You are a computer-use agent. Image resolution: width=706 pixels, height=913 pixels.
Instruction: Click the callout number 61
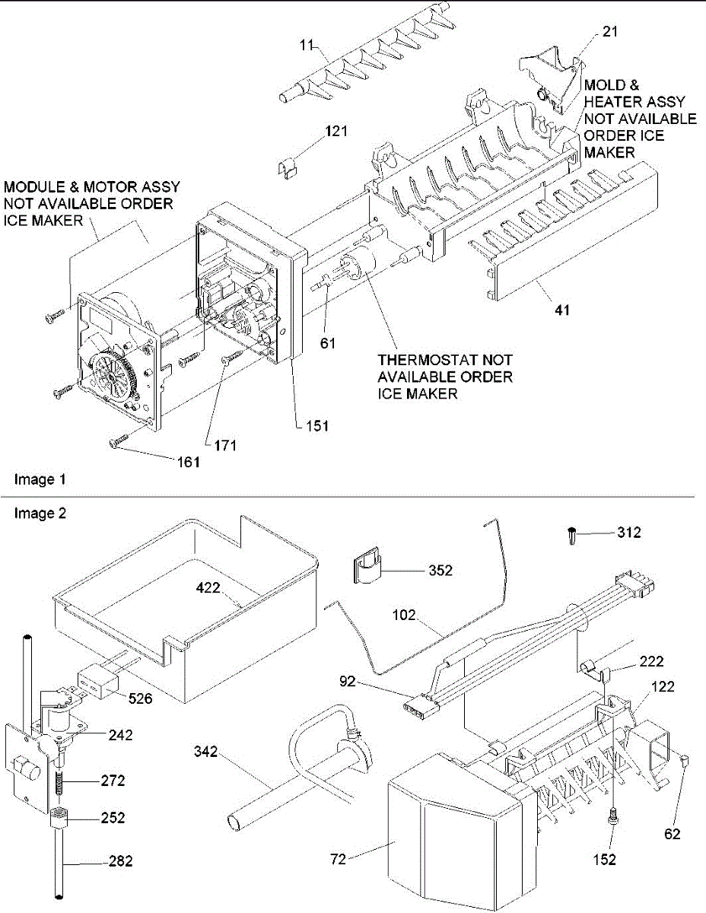[327, 344]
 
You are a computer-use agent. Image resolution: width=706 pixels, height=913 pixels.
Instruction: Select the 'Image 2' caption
[40, 514]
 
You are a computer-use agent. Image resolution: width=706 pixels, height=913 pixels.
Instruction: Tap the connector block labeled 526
[98, 680]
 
